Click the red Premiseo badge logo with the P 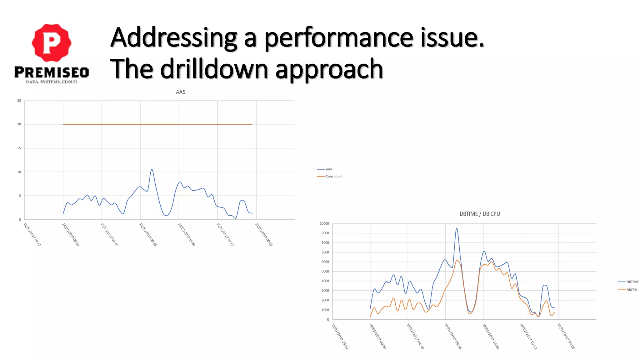point(52,43)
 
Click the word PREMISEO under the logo point(52,72)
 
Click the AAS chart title point(180,92)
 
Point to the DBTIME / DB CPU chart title point(479,214)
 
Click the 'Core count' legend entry point(334,177)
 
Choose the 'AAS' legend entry point(329,169)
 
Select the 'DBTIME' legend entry point(632,282)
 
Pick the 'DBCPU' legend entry point(632,290)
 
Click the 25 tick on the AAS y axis point(19,101)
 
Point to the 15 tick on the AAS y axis point(19,148)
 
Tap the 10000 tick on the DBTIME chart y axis point(324,223)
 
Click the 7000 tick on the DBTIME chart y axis point(325,252)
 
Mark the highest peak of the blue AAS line point(152,170)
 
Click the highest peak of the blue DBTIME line point(457,228)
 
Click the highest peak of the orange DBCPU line point(457,260)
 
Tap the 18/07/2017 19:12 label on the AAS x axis point(32,234)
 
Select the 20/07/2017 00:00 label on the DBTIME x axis point(566,336)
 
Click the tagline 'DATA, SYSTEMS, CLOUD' point(52,82)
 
